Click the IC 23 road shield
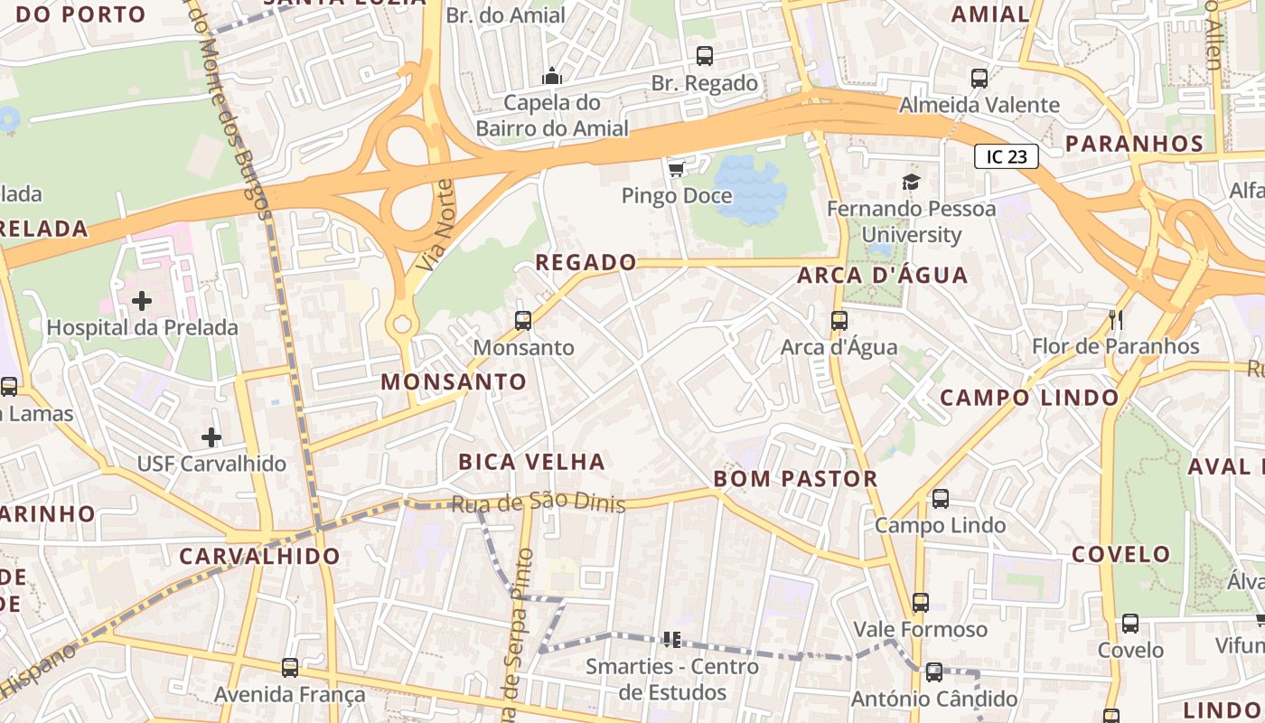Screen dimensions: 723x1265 click(1007, 156)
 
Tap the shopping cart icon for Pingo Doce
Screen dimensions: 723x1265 click(676, 169)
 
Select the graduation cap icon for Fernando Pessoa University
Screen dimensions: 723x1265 click(911, 182)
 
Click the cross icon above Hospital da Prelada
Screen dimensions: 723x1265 click(142, 300)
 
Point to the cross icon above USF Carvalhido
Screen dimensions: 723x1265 click(211, 437)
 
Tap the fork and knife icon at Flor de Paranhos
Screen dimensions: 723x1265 click(1116, 319)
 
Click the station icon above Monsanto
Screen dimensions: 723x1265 click(523, 320)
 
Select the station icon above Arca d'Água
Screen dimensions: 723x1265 click(839, 320)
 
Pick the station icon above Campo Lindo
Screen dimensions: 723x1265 click(941, 498)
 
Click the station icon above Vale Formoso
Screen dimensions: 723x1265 click(921, 602)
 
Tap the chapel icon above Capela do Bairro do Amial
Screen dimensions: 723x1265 click(551, 75)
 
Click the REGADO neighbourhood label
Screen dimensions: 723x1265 click(586, 263)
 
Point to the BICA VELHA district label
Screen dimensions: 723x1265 click(531, 462)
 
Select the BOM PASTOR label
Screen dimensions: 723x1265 click(796, 479)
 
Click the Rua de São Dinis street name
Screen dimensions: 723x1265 click(539, 503)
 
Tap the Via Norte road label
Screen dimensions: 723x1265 click(436, 226)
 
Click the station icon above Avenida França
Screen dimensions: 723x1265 click(290, 667)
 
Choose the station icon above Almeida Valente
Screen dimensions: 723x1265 click(979, 79)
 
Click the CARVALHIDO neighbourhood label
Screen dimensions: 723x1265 click(259, 556)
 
